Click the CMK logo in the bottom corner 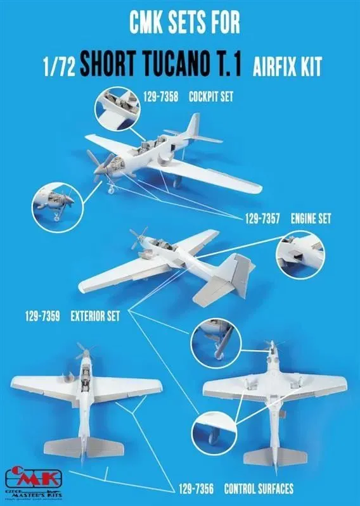tap(25, 476)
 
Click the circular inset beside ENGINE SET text tap(300, 256)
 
